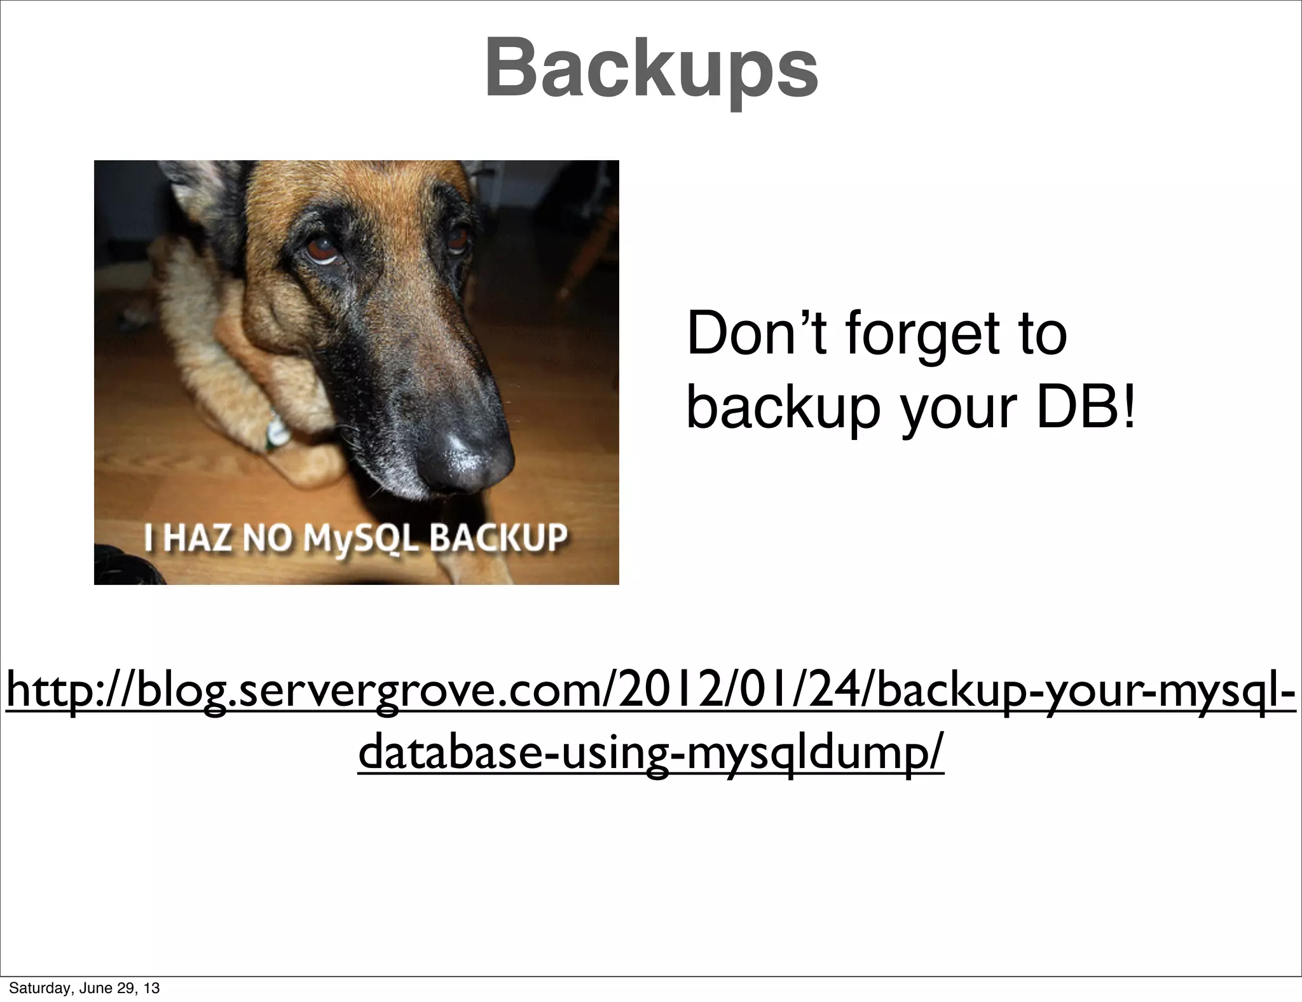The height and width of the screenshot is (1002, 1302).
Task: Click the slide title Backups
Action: [651, 69]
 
